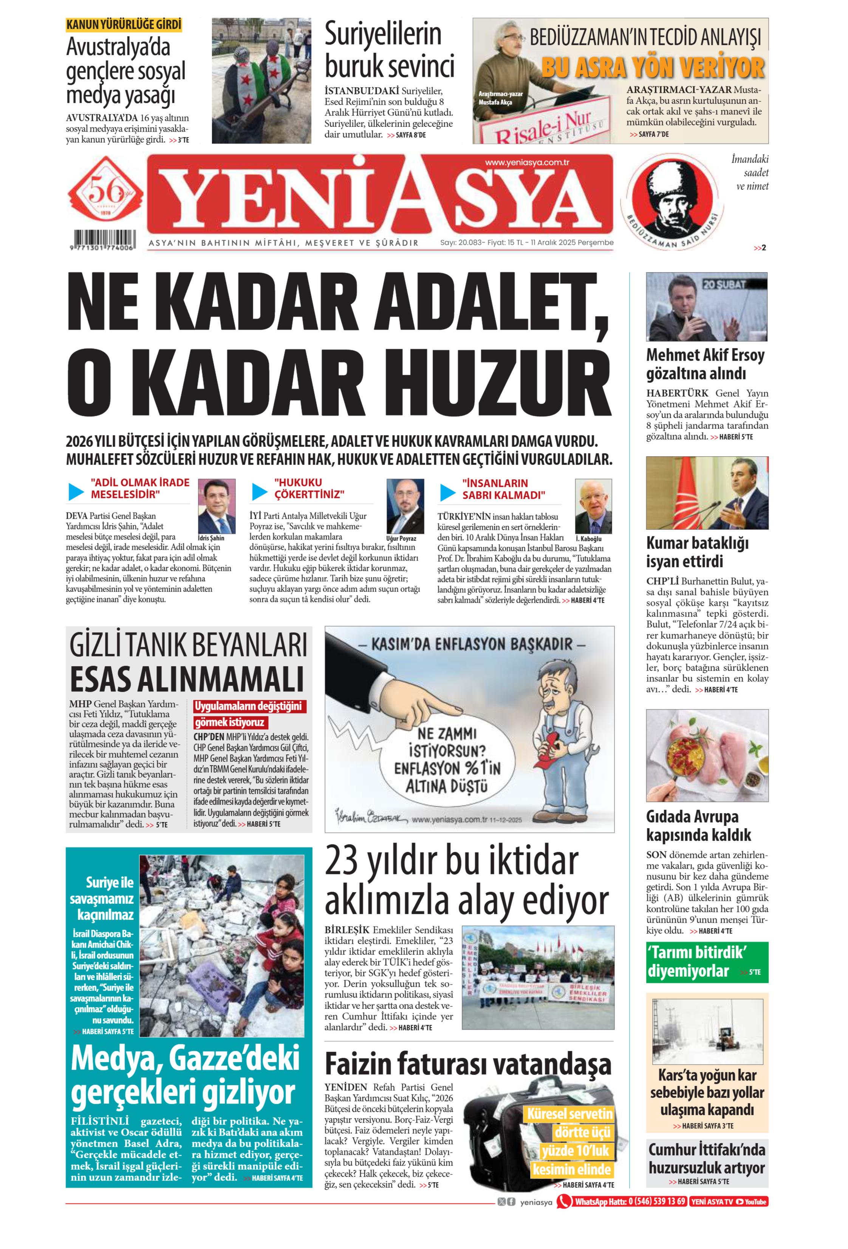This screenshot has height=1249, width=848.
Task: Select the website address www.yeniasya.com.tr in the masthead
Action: (x=526, y=162)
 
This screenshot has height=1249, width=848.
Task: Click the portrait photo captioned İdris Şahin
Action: (x=217, y=506)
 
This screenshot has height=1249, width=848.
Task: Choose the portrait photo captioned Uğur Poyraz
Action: (x=405, y=506)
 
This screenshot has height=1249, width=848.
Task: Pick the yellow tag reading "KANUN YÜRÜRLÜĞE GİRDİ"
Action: (x=124, y=25)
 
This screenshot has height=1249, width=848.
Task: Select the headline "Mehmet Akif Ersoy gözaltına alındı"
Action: (x=705, y=364)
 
